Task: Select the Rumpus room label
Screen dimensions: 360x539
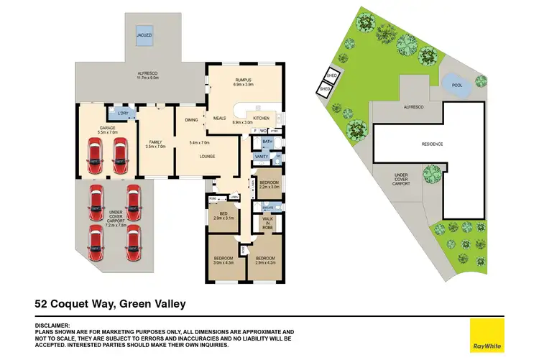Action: pos(244,82)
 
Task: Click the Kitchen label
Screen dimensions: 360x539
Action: pos(261,117)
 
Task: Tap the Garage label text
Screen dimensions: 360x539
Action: pos(107,129)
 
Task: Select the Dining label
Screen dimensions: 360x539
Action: pos(191,120)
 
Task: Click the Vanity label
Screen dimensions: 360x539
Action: pos(262,157)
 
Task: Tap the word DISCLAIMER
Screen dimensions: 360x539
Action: pos(52,325)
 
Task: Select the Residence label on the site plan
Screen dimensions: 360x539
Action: pos(432,144)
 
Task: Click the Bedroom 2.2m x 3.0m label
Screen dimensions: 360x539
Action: pos(269,185)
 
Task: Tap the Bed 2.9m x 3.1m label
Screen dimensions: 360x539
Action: pos(223,216)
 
